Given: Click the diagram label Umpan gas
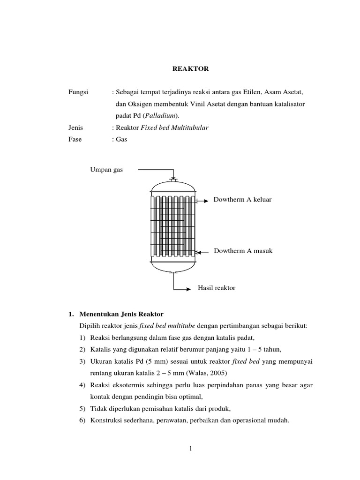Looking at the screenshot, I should [x=106, y=170].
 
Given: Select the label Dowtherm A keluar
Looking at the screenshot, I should [x=243, y=200].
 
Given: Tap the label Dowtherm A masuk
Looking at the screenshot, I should [x=243, y=251].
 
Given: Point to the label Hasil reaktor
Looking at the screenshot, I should [x=216, y=288].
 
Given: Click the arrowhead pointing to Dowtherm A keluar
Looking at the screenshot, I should [x=206, y=201].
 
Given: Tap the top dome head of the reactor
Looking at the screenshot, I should [x=173, y=185].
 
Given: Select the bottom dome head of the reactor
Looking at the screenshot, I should [x=173, y=266].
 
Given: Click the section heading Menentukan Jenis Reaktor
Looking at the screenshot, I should [x=121, y=314].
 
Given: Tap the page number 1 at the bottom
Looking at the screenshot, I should [x=191, y=449].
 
